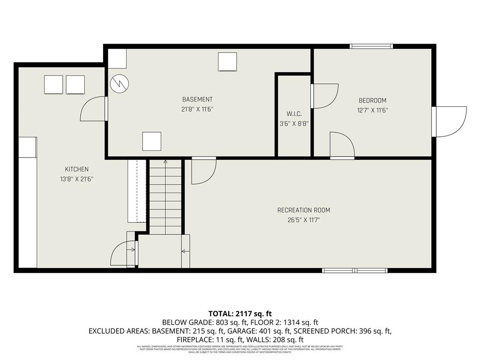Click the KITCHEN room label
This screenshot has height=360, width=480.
76,169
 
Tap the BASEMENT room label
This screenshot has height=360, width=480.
197,99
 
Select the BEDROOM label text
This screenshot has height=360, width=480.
372,100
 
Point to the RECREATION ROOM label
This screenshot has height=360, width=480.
307,210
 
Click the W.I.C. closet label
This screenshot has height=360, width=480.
294,114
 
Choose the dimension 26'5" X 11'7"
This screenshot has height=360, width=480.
307,220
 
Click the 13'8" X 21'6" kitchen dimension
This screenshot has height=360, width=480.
76,179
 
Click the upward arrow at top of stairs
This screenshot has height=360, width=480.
165,162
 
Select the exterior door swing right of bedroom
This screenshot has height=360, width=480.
450,121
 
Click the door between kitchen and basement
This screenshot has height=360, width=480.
94,109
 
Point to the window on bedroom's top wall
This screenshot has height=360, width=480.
371,46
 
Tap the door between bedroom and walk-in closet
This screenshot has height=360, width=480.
324,96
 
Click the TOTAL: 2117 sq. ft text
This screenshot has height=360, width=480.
240,314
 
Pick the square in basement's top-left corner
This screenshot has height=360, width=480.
117,59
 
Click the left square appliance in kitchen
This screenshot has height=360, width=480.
53,85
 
